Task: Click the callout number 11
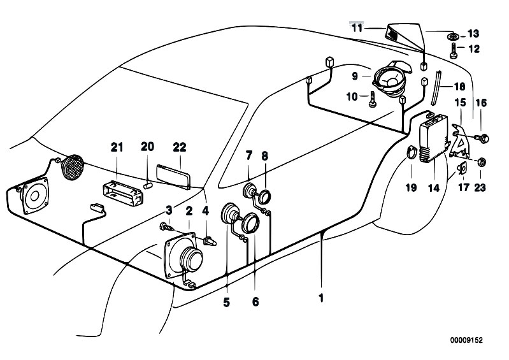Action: tap(357, 28)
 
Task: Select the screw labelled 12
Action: tap(454, 51)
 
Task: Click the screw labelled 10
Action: tap(371, 99)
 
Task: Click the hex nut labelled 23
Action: tap(481, 161)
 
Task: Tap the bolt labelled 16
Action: tap(481, 138)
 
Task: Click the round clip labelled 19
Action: tap(411, 152)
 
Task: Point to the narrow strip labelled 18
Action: tap(436, 87)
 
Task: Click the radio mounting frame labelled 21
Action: tap(122, 194)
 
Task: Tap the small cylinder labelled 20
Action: tap(148, 186)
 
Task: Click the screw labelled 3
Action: tap(167, 227)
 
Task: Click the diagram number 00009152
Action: tap(466, 340)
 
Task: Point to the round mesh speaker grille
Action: tap(73, 167)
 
